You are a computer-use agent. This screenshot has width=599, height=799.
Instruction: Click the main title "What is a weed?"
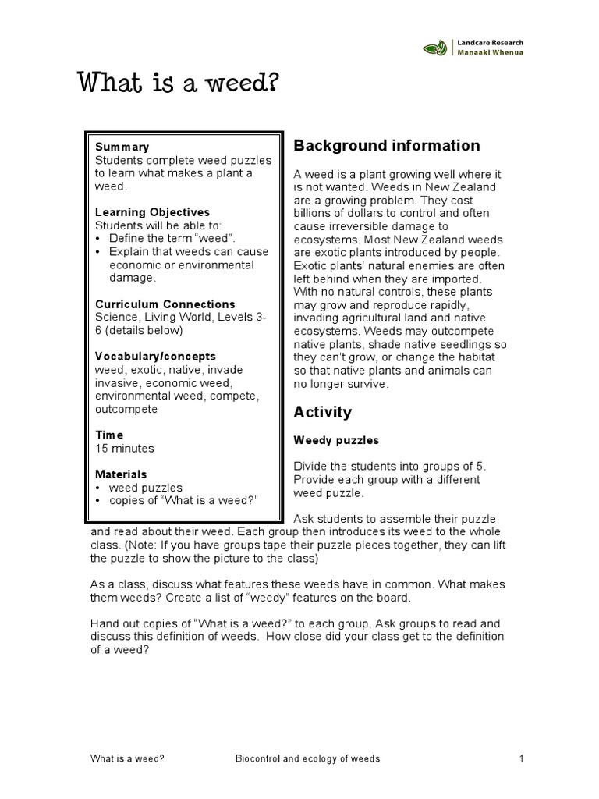[178, 83]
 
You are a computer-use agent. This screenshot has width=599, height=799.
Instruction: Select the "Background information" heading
[386, 146]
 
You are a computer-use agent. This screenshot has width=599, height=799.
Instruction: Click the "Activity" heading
[322, 412]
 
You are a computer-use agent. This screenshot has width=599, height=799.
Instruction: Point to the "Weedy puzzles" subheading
[335, 440]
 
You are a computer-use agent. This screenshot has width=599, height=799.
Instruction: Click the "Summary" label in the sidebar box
[122, 147]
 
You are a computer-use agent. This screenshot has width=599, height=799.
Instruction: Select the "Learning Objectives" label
[152, 212]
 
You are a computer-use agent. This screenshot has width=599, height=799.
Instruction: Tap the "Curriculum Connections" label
[165, 304]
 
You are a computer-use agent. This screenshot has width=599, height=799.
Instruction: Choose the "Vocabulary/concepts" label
[155, 357]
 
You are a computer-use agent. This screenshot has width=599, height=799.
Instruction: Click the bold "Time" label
[109, 435]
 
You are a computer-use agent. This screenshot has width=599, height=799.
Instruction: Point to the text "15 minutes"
[125, 449]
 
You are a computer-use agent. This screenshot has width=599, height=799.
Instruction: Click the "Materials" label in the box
[121, 474]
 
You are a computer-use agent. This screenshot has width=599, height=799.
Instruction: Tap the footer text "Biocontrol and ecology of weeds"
[307, 759]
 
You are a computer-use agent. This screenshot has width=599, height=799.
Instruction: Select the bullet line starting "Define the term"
[172, 239]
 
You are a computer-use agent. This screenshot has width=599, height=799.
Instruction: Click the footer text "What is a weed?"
[127, 759]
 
